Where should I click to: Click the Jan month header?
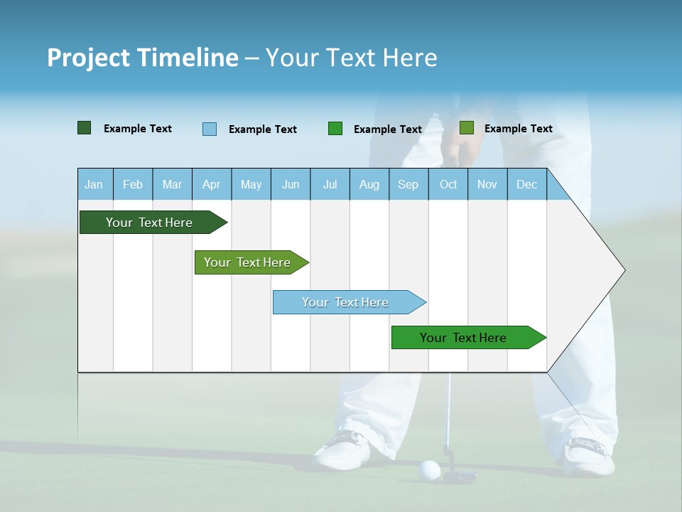[x=94, y=184]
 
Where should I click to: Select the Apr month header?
[x=212, y=184]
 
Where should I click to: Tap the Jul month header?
[x=330, y=184]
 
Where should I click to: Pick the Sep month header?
[x=408, y=184]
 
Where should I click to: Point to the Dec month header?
[x=526, y=184]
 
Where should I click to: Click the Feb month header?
[x=133, y=184]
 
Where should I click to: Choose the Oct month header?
[x=448, y=184]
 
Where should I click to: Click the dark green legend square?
[x=85, y=128]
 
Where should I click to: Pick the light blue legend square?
[x=210, y=129]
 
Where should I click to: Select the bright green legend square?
[x=335, y=129]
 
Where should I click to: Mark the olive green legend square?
[x=466, y=128]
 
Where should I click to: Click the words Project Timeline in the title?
[x=142, y=58]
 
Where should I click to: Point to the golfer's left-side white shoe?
[x=343, y=451]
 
